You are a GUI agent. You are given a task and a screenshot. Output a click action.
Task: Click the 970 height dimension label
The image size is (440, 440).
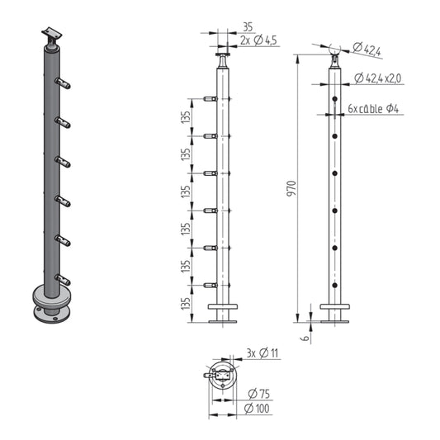tap(292, 188)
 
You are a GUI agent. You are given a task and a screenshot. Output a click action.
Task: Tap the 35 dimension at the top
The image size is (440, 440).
tap(248, 27)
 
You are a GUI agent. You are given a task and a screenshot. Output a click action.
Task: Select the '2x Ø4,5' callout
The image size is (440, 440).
tap(258, 40)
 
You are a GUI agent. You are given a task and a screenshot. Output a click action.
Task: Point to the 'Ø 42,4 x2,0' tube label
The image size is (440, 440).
tap(378, 78)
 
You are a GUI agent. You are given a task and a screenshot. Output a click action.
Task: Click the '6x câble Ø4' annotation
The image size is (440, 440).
tap(373, 109)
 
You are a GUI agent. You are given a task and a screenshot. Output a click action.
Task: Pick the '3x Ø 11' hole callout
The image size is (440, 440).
tap(263, 353)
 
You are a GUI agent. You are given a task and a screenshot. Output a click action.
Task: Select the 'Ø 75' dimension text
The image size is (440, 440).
tap(259, 394)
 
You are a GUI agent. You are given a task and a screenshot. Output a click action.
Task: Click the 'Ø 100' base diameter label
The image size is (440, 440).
tap(257, 409)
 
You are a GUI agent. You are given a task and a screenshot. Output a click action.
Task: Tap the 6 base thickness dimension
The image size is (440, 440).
tap(305, 338)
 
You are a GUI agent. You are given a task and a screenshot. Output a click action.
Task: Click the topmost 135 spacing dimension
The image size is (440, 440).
tap(186, 117)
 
